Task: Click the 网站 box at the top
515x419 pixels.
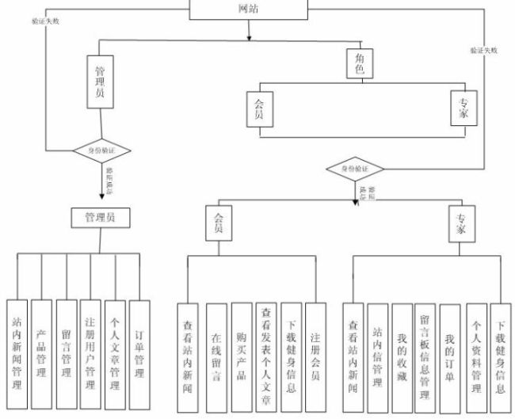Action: tap(248, 9)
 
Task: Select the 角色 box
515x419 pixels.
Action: tap(360, 63)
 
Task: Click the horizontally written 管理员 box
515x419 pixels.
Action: tap(100, 217)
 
